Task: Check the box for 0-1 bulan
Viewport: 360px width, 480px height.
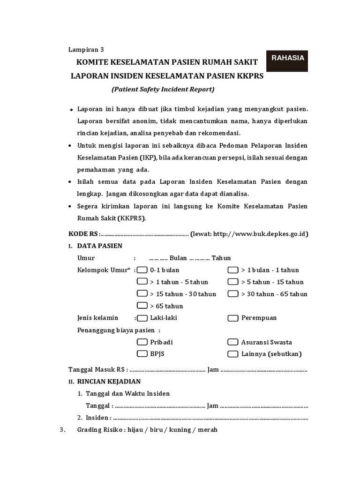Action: point(142,270)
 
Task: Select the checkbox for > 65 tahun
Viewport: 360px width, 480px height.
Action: point(142,306)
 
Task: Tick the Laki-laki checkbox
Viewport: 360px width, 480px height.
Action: point(142,318)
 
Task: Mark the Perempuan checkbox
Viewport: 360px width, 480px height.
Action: point(233,318)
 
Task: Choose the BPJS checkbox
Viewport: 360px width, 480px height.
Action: point(142,353)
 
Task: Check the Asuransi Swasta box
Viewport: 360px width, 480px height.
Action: point(233,342)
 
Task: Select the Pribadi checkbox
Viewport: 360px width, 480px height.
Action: point(142,342)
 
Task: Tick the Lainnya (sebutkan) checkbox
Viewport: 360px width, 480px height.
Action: point(233,353)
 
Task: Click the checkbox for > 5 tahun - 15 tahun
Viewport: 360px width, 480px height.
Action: point(233,282)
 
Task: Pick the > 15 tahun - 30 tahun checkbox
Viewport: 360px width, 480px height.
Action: point(142,294)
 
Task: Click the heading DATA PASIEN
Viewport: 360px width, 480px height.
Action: point(99,246)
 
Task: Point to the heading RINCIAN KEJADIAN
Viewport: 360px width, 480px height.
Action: point(109,382)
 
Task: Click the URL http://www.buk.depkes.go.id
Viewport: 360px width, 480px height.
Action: point(260,234)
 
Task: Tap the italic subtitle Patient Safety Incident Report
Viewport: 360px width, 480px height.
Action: point(163,89)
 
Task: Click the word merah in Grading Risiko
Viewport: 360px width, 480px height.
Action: point(208,430)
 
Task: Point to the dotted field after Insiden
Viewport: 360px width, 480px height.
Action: point(211,418)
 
